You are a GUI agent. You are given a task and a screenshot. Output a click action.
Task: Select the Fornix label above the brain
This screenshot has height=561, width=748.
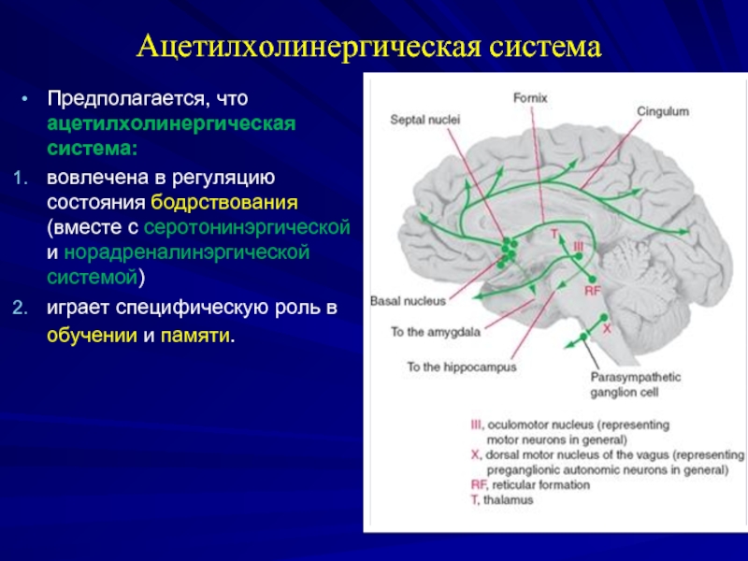pos(530,96)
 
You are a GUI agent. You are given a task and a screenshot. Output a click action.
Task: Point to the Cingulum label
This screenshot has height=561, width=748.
pos(663,110)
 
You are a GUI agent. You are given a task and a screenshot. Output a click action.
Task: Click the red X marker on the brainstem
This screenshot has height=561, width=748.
pos(606,329)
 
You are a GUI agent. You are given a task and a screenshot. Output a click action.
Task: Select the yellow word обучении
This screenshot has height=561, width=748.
pos(93,334)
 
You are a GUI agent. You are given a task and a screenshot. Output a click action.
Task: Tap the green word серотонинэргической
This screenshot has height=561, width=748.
pos(248,227)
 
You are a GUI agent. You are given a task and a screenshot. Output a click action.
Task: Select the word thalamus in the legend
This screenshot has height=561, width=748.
pos(508,500)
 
